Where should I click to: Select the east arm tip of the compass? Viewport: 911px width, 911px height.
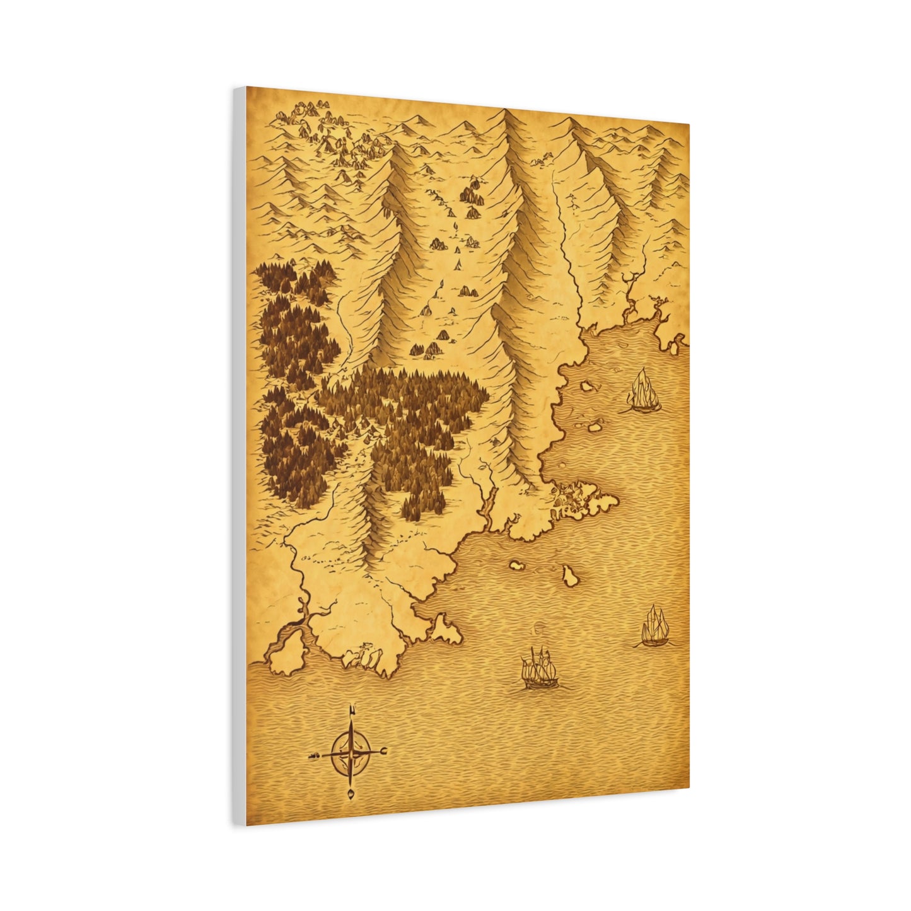click(x=384, y=750)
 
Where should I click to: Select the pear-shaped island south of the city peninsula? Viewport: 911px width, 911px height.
click(x=572, y=574)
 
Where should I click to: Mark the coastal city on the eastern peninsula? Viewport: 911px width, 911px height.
click(x=571, y=498)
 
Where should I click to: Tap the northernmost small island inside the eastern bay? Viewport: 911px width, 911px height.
click(x=588, y=385)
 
